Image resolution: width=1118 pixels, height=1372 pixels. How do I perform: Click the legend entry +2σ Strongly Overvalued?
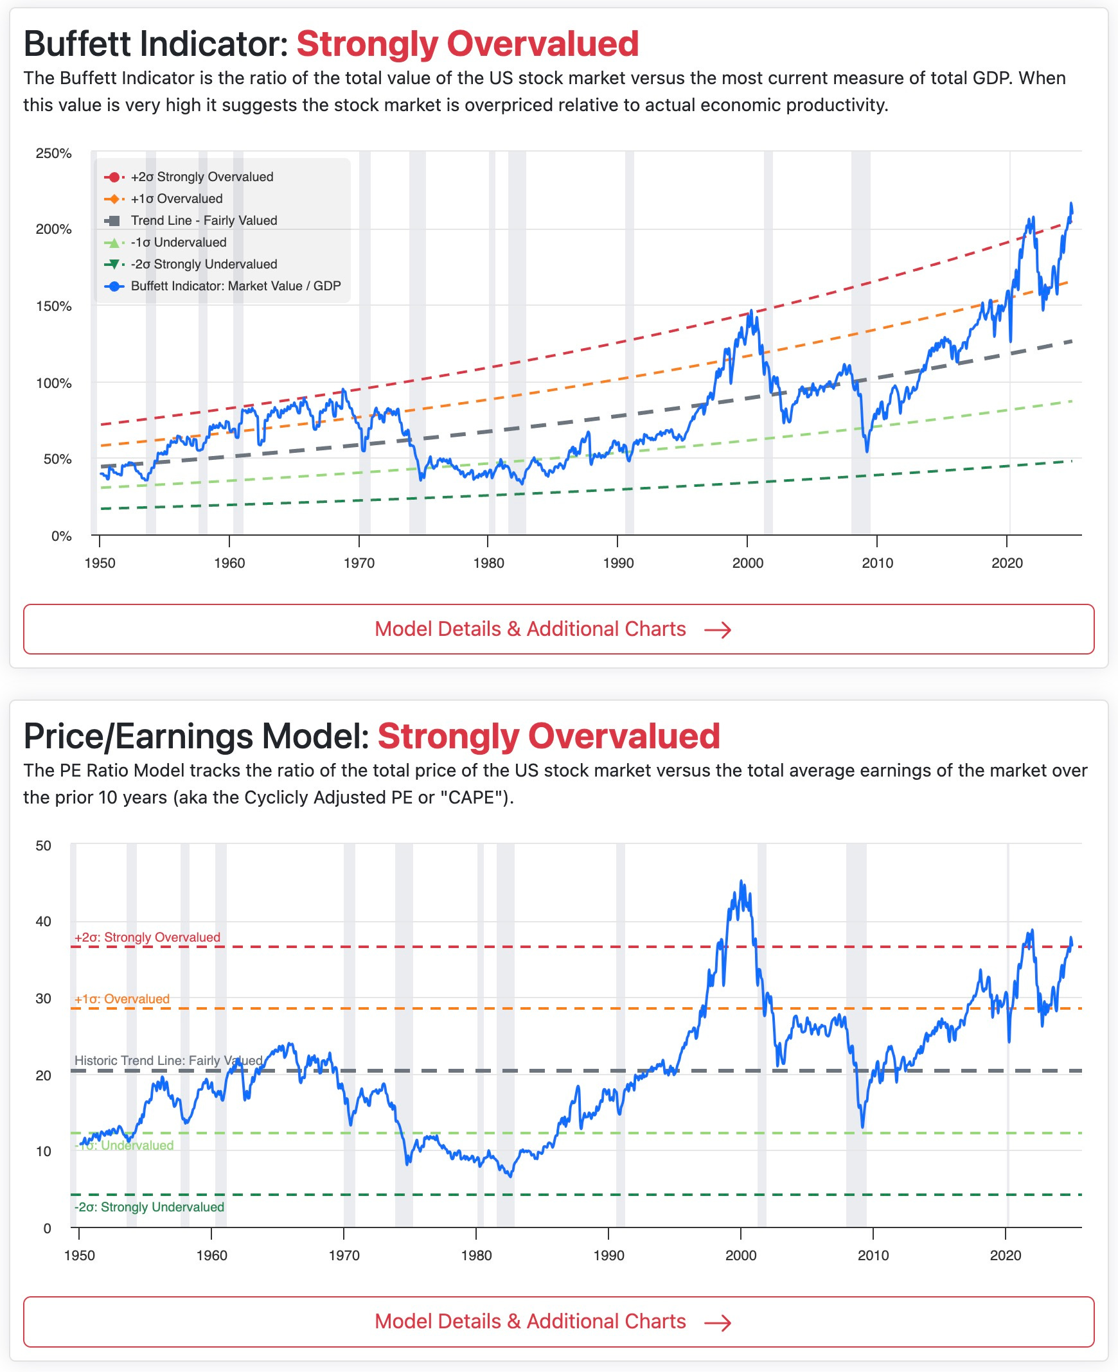pyautogui.click(x=202, y=177)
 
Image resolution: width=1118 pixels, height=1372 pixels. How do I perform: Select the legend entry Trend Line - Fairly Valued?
pyautogui.click(x=204, y=220)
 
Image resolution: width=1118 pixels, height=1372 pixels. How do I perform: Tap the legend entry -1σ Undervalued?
pyautogui.click(x=179, y=242)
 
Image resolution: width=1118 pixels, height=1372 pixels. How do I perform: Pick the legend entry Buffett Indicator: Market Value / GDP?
pyautogui.click(x=235, y=286)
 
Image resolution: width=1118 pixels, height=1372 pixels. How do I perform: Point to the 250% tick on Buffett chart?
pyautogui.click(x=53, y=154)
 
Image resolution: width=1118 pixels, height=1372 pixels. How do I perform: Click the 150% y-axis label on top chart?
pyautogui.click(x=53, y=306)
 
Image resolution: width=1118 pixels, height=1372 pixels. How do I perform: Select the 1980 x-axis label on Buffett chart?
pyautogui.click(x=488, y=563)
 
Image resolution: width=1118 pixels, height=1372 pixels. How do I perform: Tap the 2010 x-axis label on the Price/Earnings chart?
pyautogui.click(x=873, y=1255)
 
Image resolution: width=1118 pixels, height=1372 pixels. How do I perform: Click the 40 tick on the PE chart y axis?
pyautogui.click(x=43, y=921)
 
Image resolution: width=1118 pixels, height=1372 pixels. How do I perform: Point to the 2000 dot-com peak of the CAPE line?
pyautogui.click(x=741, y=881)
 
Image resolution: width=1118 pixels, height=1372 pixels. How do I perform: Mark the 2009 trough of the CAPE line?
pyautogui.click(x=863, y=1127)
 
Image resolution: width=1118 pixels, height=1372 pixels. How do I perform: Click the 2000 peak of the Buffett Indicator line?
pyautogui.click(x=750, y=312)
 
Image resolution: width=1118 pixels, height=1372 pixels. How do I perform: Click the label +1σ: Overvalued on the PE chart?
pyautogui.click(x=121, y=999)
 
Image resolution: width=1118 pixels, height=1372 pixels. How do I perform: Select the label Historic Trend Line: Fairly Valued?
pyautogui.click(x=168, y=1060)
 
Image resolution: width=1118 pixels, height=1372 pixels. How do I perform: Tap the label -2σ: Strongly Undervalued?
pyautogui.click(x=149, y=1206)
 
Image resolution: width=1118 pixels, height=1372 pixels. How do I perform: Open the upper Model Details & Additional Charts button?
pyautogui.click(x=558, y=629)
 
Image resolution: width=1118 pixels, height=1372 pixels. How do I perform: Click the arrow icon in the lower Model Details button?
pyautogui.click(x=718, y=1323)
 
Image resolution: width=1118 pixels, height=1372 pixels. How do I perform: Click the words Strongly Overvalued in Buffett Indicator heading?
pyautogui.click(x=467, y=44)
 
